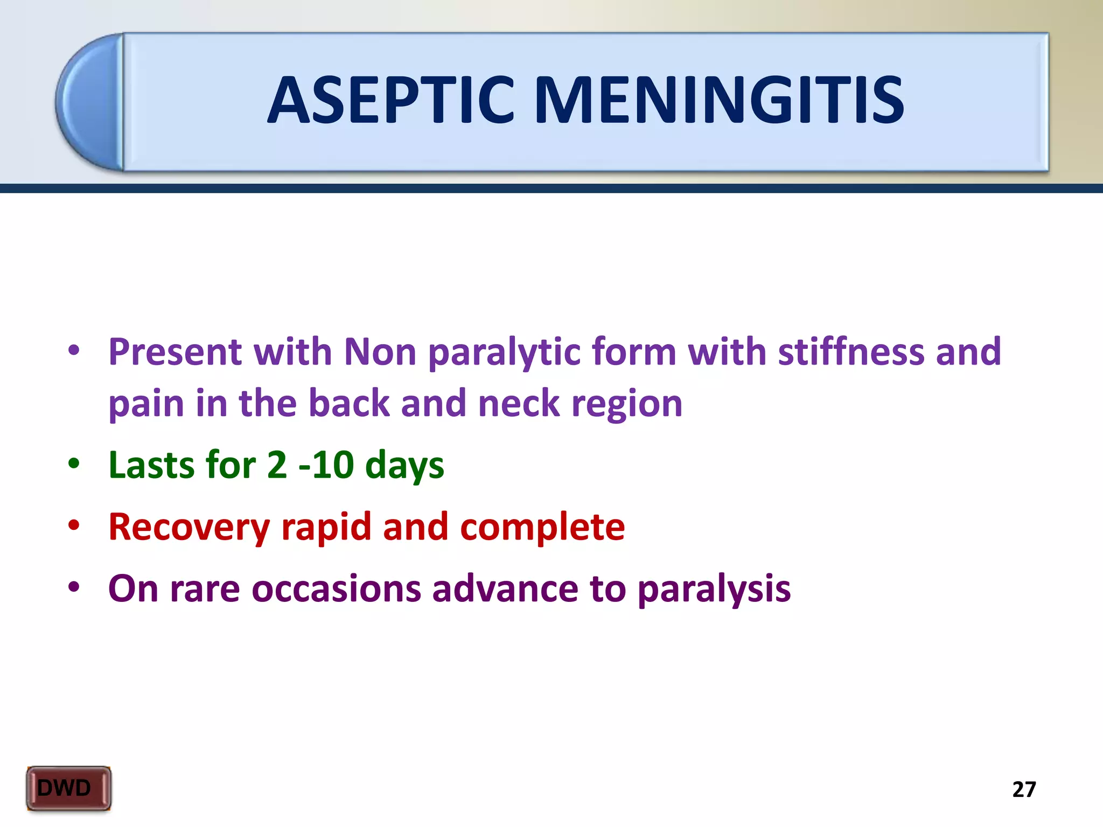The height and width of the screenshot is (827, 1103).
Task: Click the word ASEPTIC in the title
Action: (x=392, y=101)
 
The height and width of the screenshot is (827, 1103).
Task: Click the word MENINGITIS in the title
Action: (x=719, y=101)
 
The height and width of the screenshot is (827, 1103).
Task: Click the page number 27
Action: (x=1024, y=789)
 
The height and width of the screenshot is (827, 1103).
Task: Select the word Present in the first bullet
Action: (x=175, y=352)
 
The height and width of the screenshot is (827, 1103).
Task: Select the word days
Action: (x=404, y=466)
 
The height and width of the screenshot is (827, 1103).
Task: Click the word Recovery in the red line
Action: (x=189, y=528)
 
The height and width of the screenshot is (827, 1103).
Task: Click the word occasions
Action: (x=336, y=588)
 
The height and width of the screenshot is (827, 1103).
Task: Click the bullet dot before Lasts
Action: (x=74, y=464)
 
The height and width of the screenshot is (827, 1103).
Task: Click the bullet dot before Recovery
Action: (x=74, y=525)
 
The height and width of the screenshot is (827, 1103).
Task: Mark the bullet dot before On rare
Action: (x=74, y=587)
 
